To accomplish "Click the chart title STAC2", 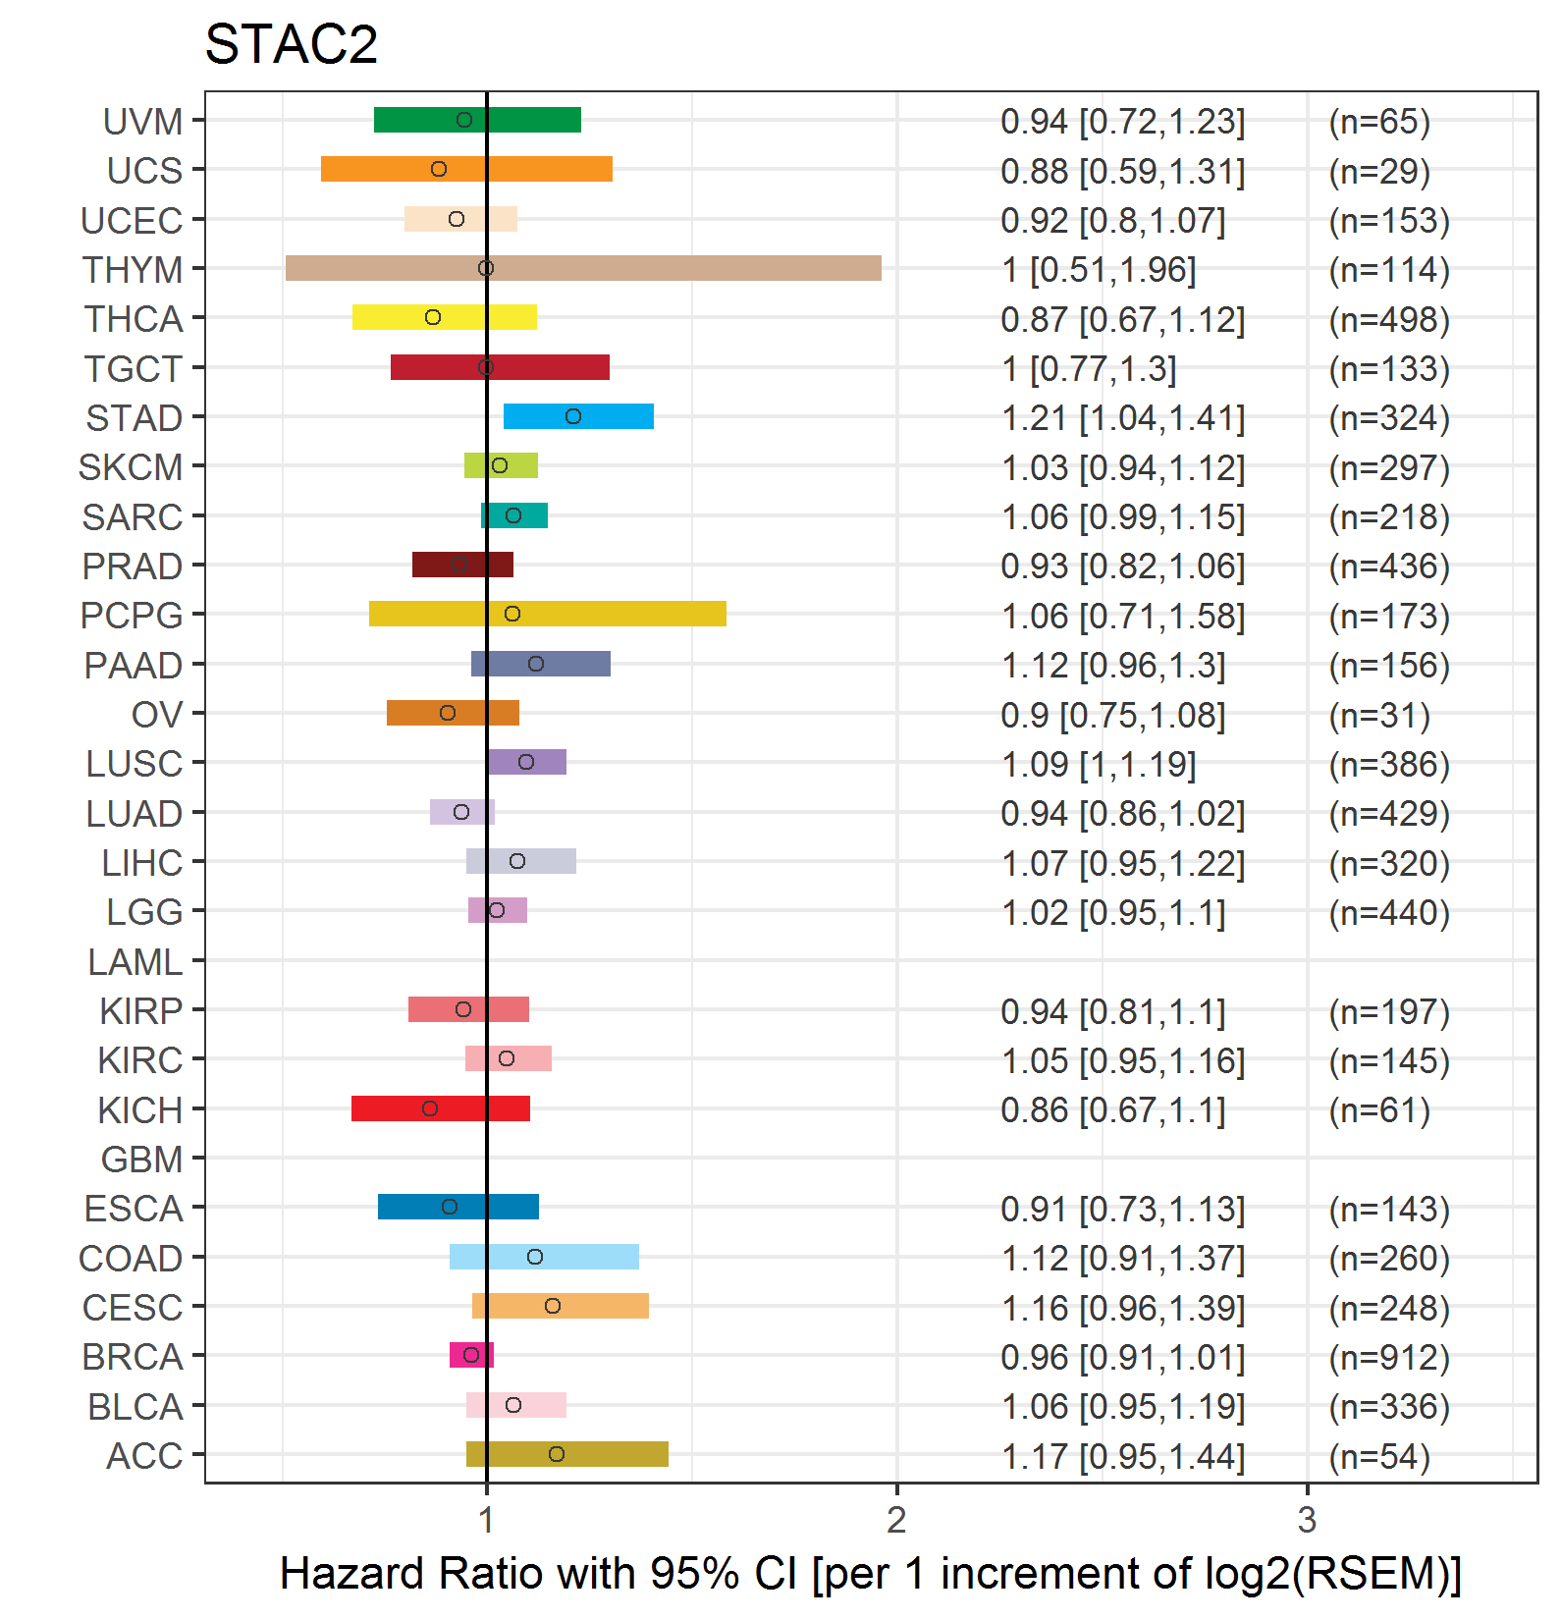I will pos(291,44).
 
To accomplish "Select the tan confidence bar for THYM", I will pos(583,268).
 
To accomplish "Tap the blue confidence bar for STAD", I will pos(578,416).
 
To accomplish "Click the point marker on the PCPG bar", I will pos(512,614).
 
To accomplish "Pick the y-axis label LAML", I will pos(135,962).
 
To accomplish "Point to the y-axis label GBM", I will pos(141,1160).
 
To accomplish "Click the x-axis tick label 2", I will pos(896,1520).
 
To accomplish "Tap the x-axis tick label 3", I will pos(1307,1520).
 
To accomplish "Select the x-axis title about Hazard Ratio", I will pos(870,1573).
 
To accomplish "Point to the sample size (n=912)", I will pos(1389,1357).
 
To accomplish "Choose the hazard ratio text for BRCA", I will pos(1123,1357).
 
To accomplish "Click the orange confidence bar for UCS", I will pos(466,169).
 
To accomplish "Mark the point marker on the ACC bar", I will pos(557,1454).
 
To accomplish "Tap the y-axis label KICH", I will pos(139,1110).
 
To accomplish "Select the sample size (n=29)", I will pos(1379,171).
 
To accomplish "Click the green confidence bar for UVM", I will pos(477,120).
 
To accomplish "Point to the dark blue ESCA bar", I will pos(458,1207).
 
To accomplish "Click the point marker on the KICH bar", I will pos(430,1108).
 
